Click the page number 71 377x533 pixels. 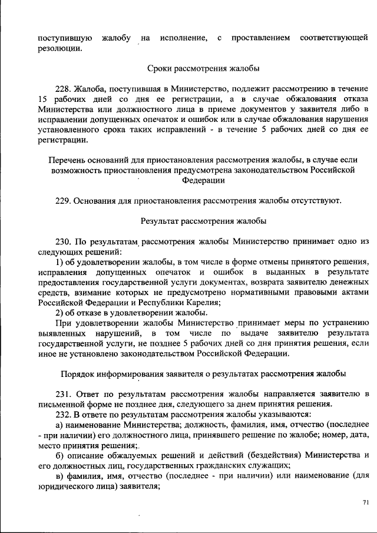click(x=365, y=502)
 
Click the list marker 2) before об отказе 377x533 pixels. click(x=59, y=313)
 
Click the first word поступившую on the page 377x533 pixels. click(x=63, y=38)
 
